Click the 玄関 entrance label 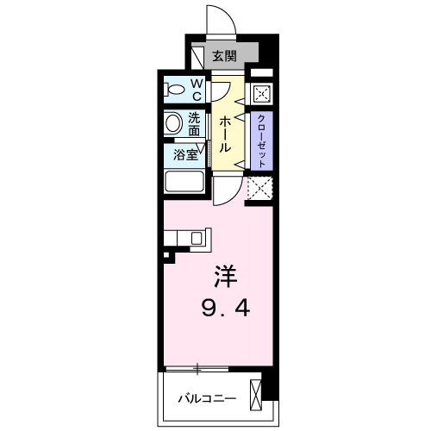pos(224,57)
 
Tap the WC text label pos(197,89)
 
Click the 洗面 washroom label pos(195,124)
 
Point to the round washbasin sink pos(172,123)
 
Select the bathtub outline pos(183,183)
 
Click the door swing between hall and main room pos(226,192)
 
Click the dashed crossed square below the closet pos(259,188)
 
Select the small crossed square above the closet pos(262,95)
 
